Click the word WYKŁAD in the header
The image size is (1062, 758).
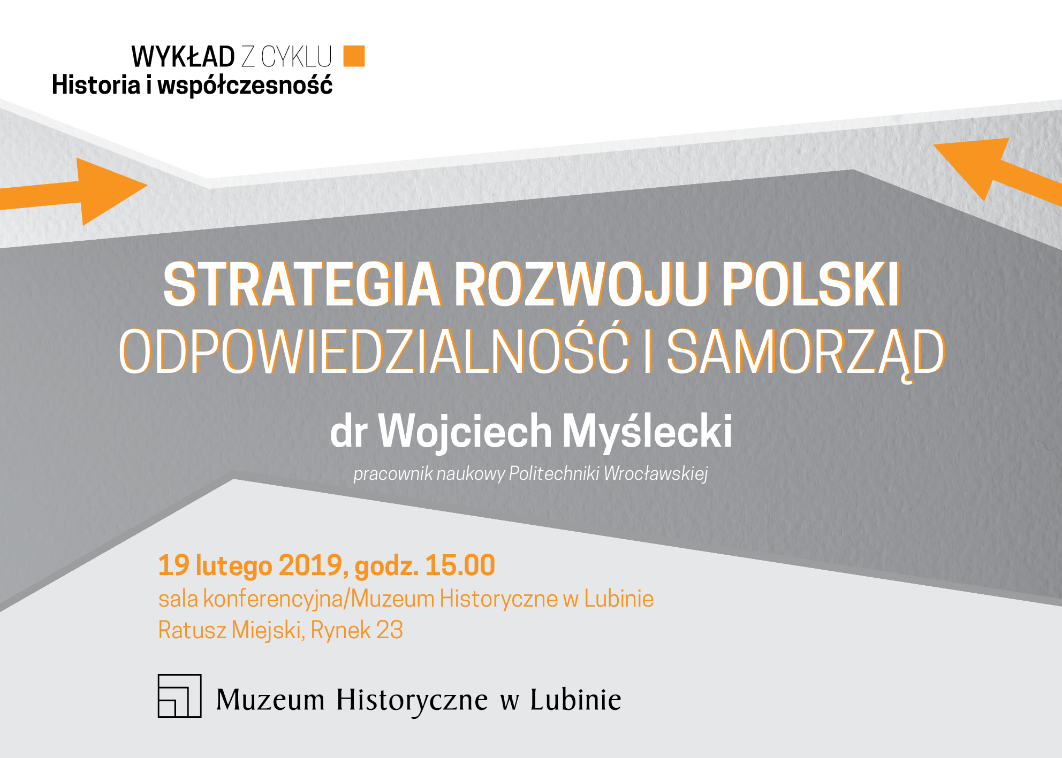click(x=183, y=56)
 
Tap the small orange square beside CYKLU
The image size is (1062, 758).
click(x=354, y=56)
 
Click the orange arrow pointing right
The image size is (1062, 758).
click(x=73, y=192)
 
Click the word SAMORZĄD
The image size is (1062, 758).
click(x=806, y=353)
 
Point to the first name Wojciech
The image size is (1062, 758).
click(x=465, y=432)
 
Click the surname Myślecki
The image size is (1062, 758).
click(x=647, y=432)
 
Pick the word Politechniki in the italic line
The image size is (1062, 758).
click(x=553, y=473)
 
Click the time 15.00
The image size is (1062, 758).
click(x=460, y=565)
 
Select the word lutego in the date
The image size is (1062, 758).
click(x=234, y=566)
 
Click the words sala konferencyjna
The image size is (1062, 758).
click(x=251, y=600)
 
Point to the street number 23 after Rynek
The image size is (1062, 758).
click(x=390, y=630)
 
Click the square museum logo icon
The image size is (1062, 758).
click(x=180, y=695)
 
